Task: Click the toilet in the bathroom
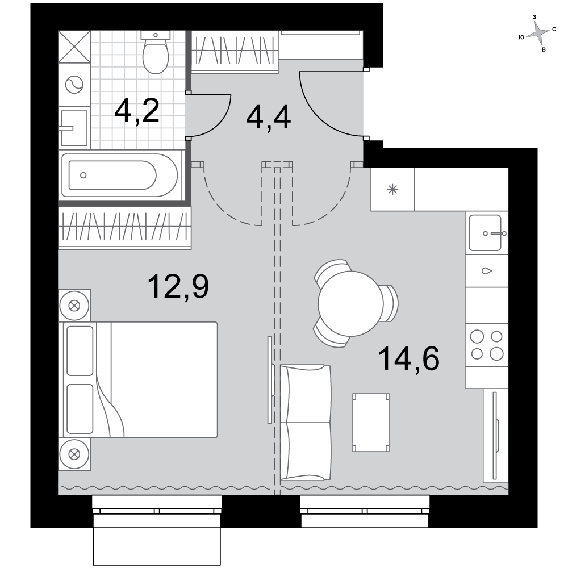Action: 156,52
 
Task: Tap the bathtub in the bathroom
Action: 119,176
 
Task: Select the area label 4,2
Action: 136,111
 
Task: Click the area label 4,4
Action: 268,117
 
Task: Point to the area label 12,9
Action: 178,286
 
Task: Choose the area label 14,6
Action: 408,358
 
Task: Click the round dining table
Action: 350,303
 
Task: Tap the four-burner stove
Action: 487,345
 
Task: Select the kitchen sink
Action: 486,233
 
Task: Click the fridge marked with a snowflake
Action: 392,190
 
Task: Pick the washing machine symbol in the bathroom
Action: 74,85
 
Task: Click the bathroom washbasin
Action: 74,128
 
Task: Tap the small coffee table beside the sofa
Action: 371,423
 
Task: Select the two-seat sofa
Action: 306,423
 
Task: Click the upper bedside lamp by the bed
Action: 74,306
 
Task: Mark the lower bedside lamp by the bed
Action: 74,454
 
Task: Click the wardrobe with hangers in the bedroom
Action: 124,227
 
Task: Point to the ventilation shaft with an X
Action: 74,47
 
